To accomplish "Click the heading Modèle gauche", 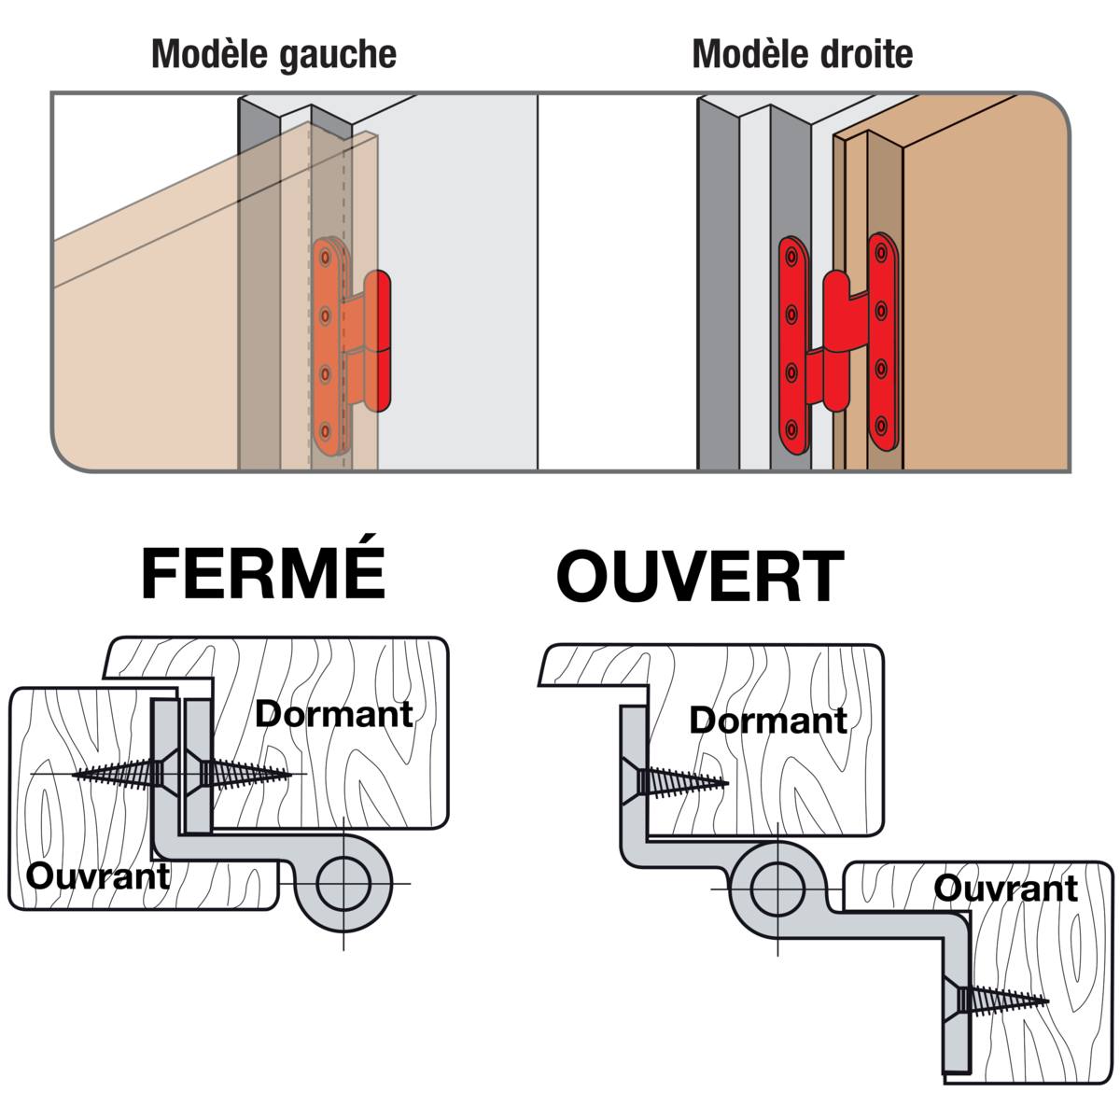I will point(273,54).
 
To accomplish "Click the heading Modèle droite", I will point(802,54).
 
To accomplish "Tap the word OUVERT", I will point(700,576).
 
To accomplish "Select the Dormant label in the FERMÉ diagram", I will point(333,714).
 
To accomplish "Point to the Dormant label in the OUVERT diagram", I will point(767,720).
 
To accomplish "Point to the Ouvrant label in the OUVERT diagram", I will point(1005,888).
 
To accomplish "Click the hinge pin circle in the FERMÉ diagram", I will point(343,882).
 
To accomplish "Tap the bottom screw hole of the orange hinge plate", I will point(326,432).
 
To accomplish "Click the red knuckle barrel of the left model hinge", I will point(377,341).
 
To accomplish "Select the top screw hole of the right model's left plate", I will point(791,254).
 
